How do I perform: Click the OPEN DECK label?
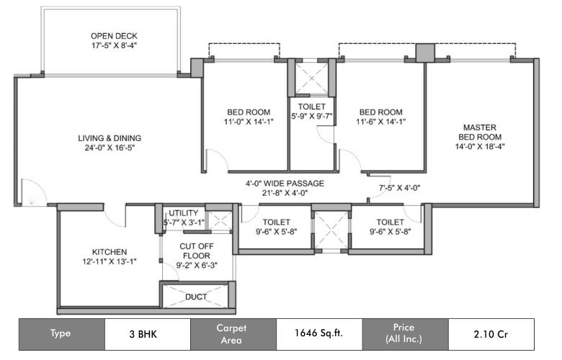(x=114, y=36)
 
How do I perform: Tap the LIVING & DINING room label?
(x=110, y=138)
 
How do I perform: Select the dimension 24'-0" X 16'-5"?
(x=110, y=148)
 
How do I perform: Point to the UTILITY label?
(x=184, y=214)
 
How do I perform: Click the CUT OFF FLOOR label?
(x=196, y=251)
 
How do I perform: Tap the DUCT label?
(x=195, y=296)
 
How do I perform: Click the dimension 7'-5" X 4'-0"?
(x=399, y=187)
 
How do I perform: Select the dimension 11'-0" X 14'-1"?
(x=248, y=122)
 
